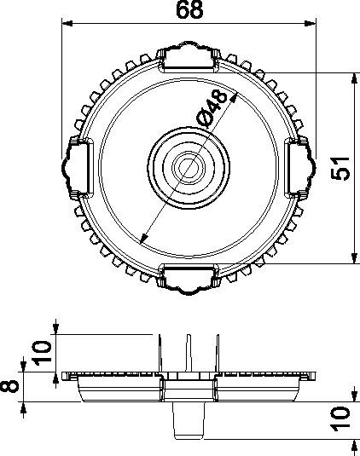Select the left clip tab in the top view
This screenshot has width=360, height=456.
[76, 163]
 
